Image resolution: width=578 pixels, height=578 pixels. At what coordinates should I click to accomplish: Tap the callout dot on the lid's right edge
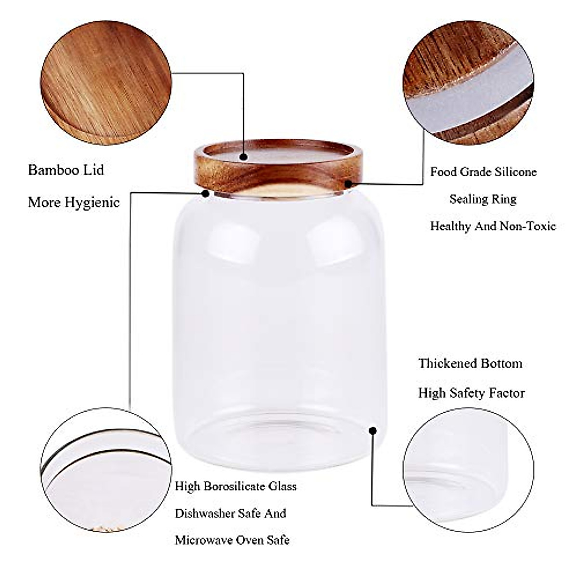347,184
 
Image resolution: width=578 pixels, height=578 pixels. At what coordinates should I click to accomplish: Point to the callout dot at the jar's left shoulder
206,193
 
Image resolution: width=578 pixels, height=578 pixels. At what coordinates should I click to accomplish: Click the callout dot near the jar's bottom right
372,430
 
